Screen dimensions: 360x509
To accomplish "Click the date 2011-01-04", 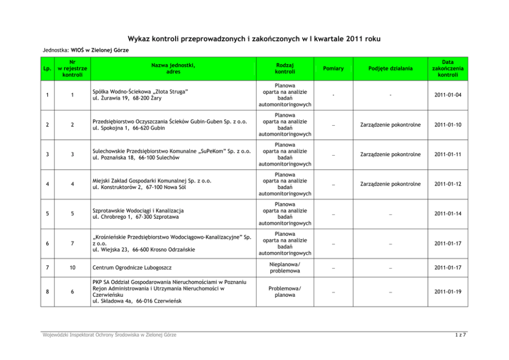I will (447, 94).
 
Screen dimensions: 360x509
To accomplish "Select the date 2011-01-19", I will (447, 292).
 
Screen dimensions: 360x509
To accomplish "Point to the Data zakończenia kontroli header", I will (447, 68).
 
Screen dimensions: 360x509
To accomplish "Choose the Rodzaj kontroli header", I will (285, 68).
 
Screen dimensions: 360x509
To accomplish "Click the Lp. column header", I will (48, 68).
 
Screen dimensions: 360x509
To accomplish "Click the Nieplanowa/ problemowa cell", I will (285, 268).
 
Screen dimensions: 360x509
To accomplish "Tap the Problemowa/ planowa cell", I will (285, 292).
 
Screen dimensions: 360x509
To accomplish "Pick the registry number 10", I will (72, 268).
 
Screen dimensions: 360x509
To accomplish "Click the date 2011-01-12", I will (447, 184).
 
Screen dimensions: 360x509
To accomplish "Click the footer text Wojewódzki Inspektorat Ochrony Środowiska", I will (109, 335).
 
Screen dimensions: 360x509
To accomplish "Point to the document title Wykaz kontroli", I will (254, 39).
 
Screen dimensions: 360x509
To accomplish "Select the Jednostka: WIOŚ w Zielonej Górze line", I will (85, 50).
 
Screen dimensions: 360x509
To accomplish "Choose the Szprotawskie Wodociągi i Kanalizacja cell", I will (138, 211).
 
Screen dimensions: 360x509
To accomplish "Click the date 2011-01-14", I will (447, 214).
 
